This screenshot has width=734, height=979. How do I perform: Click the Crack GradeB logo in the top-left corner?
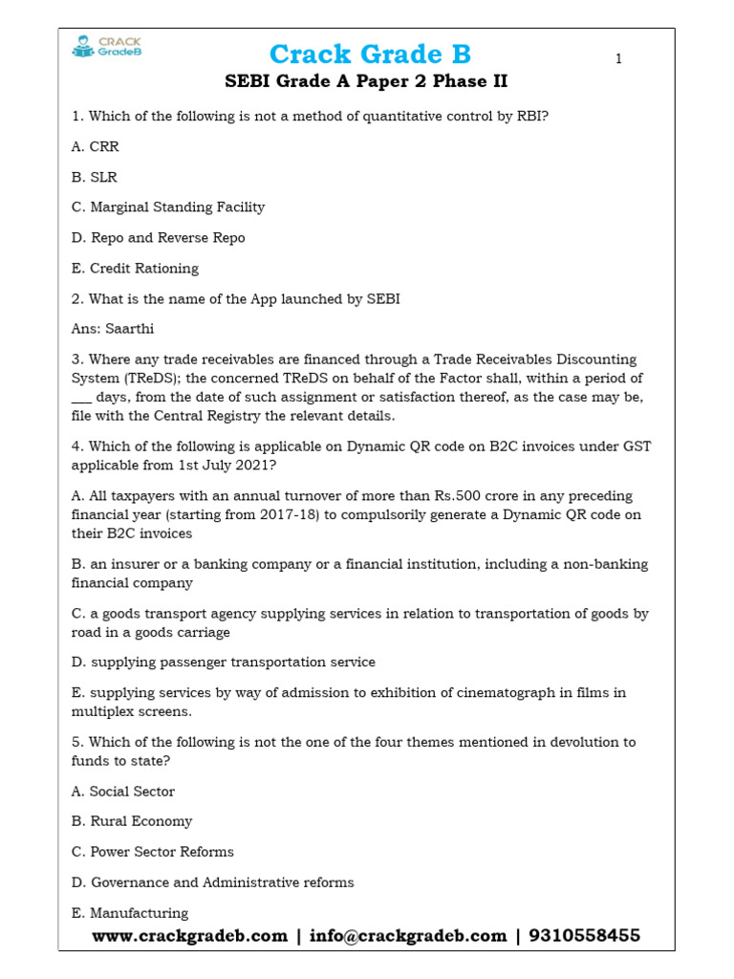(106, 47)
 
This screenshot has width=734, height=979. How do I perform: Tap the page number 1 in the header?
(618, 59)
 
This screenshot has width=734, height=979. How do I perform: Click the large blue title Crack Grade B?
(370, 54)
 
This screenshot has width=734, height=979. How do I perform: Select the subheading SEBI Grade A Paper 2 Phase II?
(366, 82)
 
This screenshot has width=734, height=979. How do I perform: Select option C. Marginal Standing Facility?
(168, 207)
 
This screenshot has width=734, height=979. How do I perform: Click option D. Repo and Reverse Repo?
(158, 238)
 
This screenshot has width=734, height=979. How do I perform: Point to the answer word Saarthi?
(130, 329)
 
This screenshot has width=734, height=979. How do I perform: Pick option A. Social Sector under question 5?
(123, 792)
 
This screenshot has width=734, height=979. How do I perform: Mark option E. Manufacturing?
(130, 913)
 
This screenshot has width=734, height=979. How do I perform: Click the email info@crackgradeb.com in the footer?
(408, 936)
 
